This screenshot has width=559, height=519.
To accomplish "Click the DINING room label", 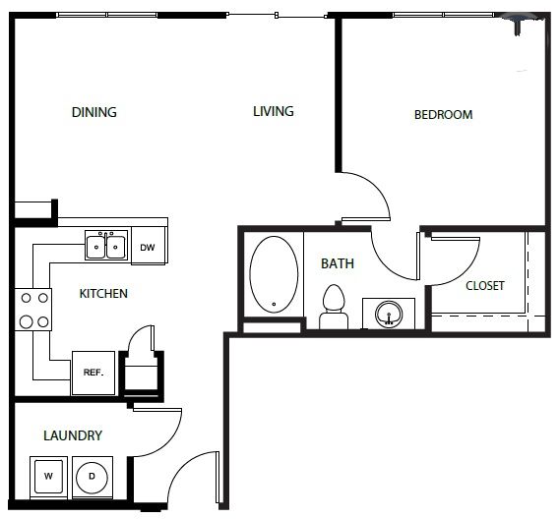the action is (x=94, y=112).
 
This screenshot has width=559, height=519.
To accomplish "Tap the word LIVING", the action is (x=274, y=111).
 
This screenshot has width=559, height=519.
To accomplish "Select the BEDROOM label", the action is (x=444, y=115).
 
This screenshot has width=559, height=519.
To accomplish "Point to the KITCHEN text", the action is (x=103, y=294).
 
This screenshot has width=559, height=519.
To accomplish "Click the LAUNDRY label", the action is (x=73, y=435).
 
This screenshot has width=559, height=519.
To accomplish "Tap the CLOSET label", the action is (x=485, y=285).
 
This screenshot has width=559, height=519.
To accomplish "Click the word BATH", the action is (x=338, y=263).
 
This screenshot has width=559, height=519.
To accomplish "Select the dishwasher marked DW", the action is (x=149, y=246).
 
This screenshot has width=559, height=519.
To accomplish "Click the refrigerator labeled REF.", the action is (x=93, y=373).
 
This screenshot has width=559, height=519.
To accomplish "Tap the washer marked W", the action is (x=48, y=477).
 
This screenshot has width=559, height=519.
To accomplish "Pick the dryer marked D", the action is (x=93, y=477).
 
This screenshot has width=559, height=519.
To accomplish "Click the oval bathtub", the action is (x=274, y=274).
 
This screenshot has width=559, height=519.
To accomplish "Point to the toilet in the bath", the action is (x=334, y=307).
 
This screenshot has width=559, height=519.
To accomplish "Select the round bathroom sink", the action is (x=389, y=314).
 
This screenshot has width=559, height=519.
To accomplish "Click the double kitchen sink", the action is (x=106, y=246).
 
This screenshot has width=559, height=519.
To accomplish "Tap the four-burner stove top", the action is (x=33, y=310).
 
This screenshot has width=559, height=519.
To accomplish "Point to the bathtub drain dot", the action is (x=274, y=304).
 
